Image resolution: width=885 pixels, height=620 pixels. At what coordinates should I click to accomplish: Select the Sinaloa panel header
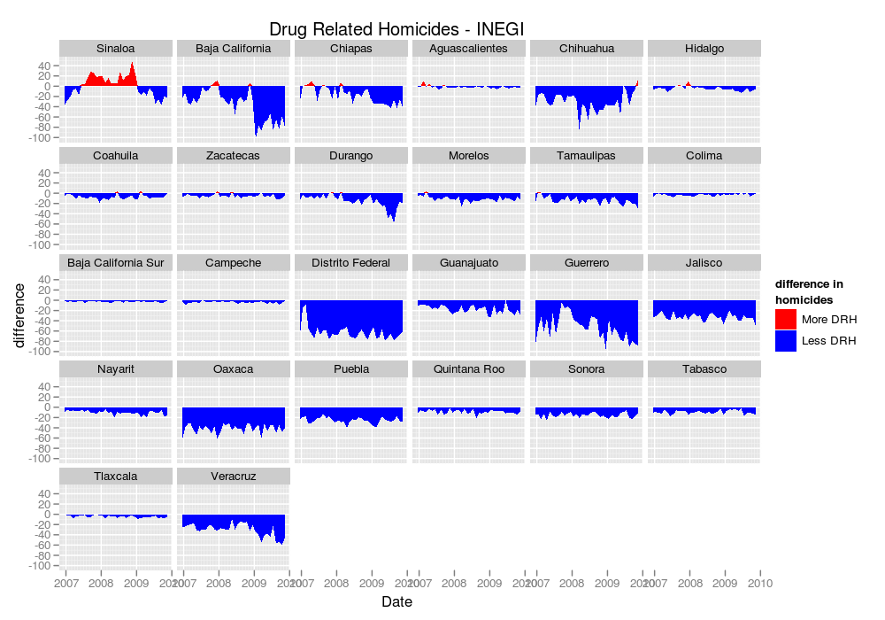click(x=116, y=48)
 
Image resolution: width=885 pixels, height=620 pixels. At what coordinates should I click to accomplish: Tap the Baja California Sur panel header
click(x=116, y=263)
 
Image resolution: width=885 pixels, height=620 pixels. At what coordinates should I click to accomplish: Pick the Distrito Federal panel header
click(x=351, y=263)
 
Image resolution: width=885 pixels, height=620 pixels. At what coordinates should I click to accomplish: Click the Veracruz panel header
click(x=234, y=477)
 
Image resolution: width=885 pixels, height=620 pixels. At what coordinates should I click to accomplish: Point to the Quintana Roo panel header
click(x=469, y=369)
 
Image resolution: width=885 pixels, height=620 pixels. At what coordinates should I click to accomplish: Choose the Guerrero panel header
click(x=587, y=263)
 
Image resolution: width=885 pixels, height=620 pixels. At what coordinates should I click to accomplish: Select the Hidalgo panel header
click(x=704, y=48)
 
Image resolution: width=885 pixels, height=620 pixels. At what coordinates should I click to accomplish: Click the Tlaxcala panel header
click(x=116, y=477)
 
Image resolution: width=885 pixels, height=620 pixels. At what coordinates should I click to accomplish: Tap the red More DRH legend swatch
click(x=786, y=320)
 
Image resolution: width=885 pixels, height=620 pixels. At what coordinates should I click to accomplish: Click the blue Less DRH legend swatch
click(x=786, y=341)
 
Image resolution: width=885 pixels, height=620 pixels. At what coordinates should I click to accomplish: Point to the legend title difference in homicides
click(x=809, y=291)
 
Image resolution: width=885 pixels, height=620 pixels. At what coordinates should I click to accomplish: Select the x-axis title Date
click(x=396, y=602)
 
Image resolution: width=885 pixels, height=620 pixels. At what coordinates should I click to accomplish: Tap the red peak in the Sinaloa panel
click(x=133, y=64)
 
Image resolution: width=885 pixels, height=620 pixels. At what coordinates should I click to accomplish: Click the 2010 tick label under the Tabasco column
click(x=760, y=583)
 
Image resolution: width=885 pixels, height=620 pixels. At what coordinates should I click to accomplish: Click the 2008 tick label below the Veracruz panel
click(x=219, y=583)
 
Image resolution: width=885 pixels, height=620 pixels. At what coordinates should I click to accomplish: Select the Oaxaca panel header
click(x=234, y=369)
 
